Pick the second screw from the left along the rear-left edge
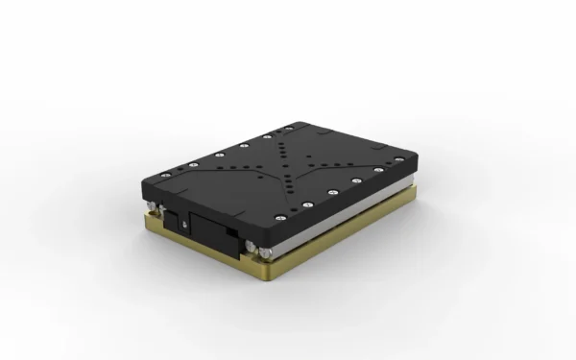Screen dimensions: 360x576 pyautogui.click(x=189, y=166)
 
